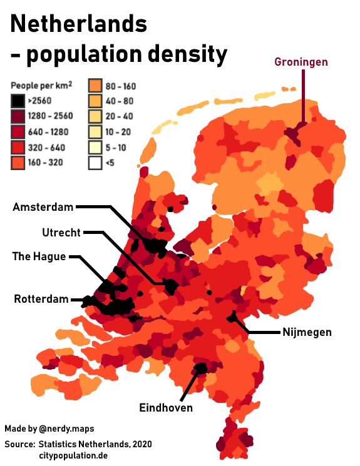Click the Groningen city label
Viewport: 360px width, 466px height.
(301, 62)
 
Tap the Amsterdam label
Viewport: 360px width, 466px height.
(43, 207)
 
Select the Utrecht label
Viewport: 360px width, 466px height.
(61, 233)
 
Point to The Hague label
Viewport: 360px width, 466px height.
(39, 256)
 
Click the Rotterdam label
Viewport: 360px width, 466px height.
(41, 300)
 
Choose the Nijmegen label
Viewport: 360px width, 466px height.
(306, 332)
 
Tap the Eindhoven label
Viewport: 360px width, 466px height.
(165, 408)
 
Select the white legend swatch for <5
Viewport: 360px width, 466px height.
(96, 163)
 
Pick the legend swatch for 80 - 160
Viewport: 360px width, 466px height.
(96, 86)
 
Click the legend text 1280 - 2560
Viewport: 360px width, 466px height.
(50, 116)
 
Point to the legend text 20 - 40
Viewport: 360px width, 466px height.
(120, 116)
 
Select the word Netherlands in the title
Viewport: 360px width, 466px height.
(79, 24)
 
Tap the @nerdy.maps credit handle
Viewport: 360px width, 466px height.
(66, 429)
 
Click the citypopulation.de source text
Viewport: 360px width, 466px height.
(74, 455)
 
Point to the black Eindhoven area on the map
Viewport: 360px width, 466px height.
(201, 367)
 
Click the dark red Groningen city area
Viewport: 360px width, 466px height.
(294, 133)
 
